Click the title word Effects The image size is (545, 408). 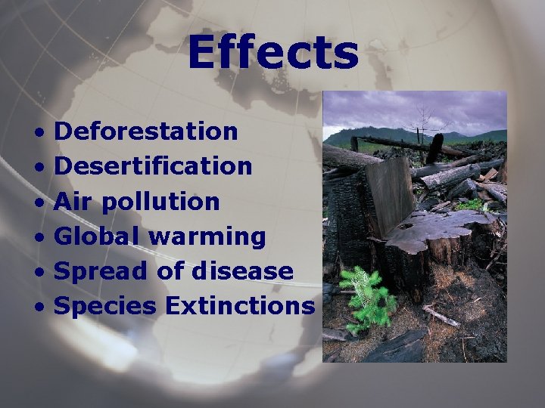[x=272, y=53]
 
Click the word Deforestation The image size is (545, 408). [x=147, y=131]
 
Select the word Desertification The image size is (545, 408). [x=154, y=166]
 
